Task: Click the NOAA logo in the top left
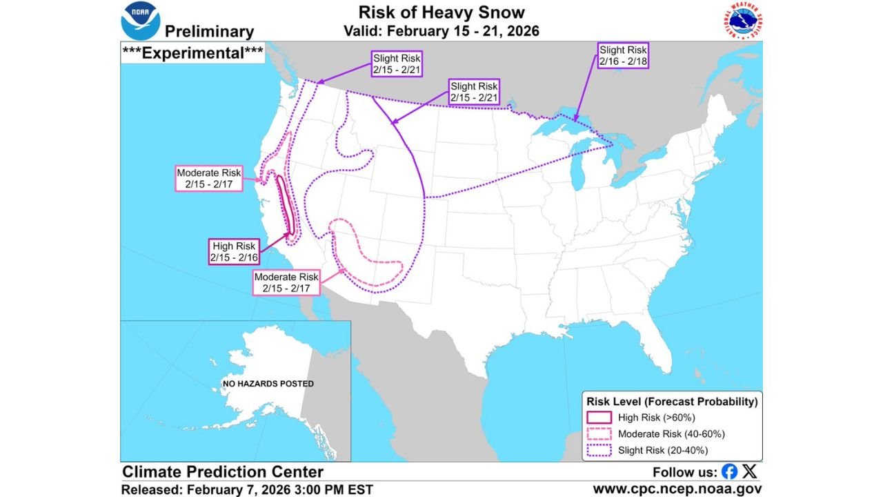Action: tap(141, 21)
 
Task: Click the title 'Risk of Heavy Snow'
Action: tap(441, 12)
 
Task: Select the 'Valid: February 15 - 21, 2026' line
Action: tap(441, 31)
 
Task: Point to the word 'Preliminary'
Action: tap(209, 32)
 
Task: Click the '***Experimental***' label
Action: tap(192, 54)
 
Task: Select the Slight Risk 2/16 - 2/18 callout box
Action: tap(623, 55)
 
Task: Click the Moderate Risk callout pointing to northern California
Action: tap(208, 178)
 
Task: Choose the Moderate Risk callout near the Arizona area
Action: tap(286, 282)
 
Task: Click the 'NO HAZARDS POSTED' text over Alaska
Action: tap(268, 383)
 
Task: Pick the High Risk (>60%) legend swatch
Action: tap(599, 417)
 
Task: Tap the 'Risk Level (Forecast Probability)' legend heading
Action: tap(672, 401)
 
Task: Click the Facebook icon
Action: tap(729, 472)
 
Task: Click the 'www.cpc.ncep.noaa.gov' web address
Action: tap(677, 489)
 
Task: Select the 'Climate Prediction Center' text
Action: tap(223, 472)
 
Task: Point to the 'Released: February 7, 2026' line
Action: tap(248, 489)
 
